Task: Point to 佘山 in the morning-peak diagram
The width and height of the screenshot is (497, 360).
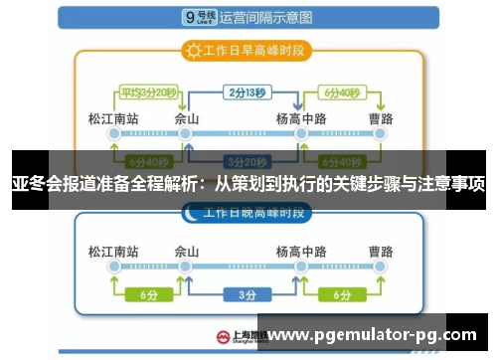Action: pyautogui.click(x=187, y=120)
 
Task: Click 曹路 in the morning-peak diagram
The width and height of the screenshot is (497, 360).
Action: pyautogui.click(x=378, y=120)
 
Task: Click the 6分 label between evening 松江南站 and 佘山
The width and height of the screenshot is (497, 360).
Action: pyautogui.click(x=149, y=294)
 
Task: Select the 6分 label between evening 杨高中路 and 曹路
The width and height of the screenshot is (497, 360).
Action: pyautogui.click(x=341, y=294)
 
